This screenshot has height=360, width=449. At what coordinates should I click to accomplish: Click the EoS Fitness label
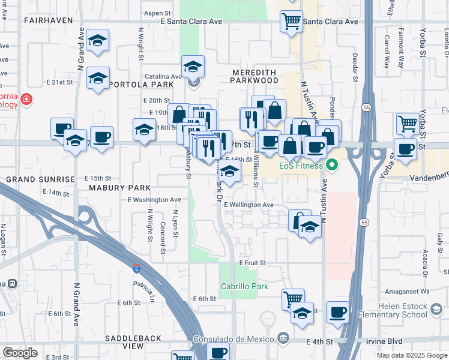pyautogui.click(x=300, y=166)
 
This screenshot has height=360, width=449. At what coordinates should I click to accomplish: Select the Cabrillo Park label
pyautogui.click(x=244, y=286)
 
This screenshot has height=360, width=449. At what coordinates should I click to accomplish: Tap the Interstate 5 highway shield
pyautogui.click(x=137, y=268)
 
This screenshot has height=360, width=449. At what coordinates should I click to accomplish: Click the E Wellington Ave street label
pyautogui.click(x=249, y=205)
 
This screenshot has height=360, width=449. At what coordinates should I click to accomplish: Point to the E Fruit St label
pyautogui.click(x=252, y=263)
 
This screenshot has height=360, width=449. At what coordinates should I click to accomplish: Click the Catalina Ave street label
pyautogui.click(x=167, y=77)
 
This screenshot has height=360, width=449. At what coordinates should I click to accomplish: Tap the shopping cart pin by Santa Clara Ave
pyautogui.click(x=291, y=21)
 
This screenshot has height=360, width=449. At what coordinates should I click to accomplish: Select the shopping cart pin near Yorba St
pyautogui.click(x=408, y=124)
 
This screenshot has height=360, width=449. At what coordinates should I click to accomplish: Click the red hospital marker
pyautogui.click(x=25, y=99)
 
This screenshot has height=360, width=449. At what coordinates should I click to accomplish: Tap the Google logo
pyautogui.click(x=20, y=352)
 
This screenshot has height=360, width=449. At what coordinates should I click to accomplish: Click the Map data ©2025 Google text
pyautogui.click(x=411, y=355)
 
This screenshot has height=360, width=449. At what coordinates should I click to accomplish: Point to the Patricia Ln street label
pyautogui.click(x=148, y=287)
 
